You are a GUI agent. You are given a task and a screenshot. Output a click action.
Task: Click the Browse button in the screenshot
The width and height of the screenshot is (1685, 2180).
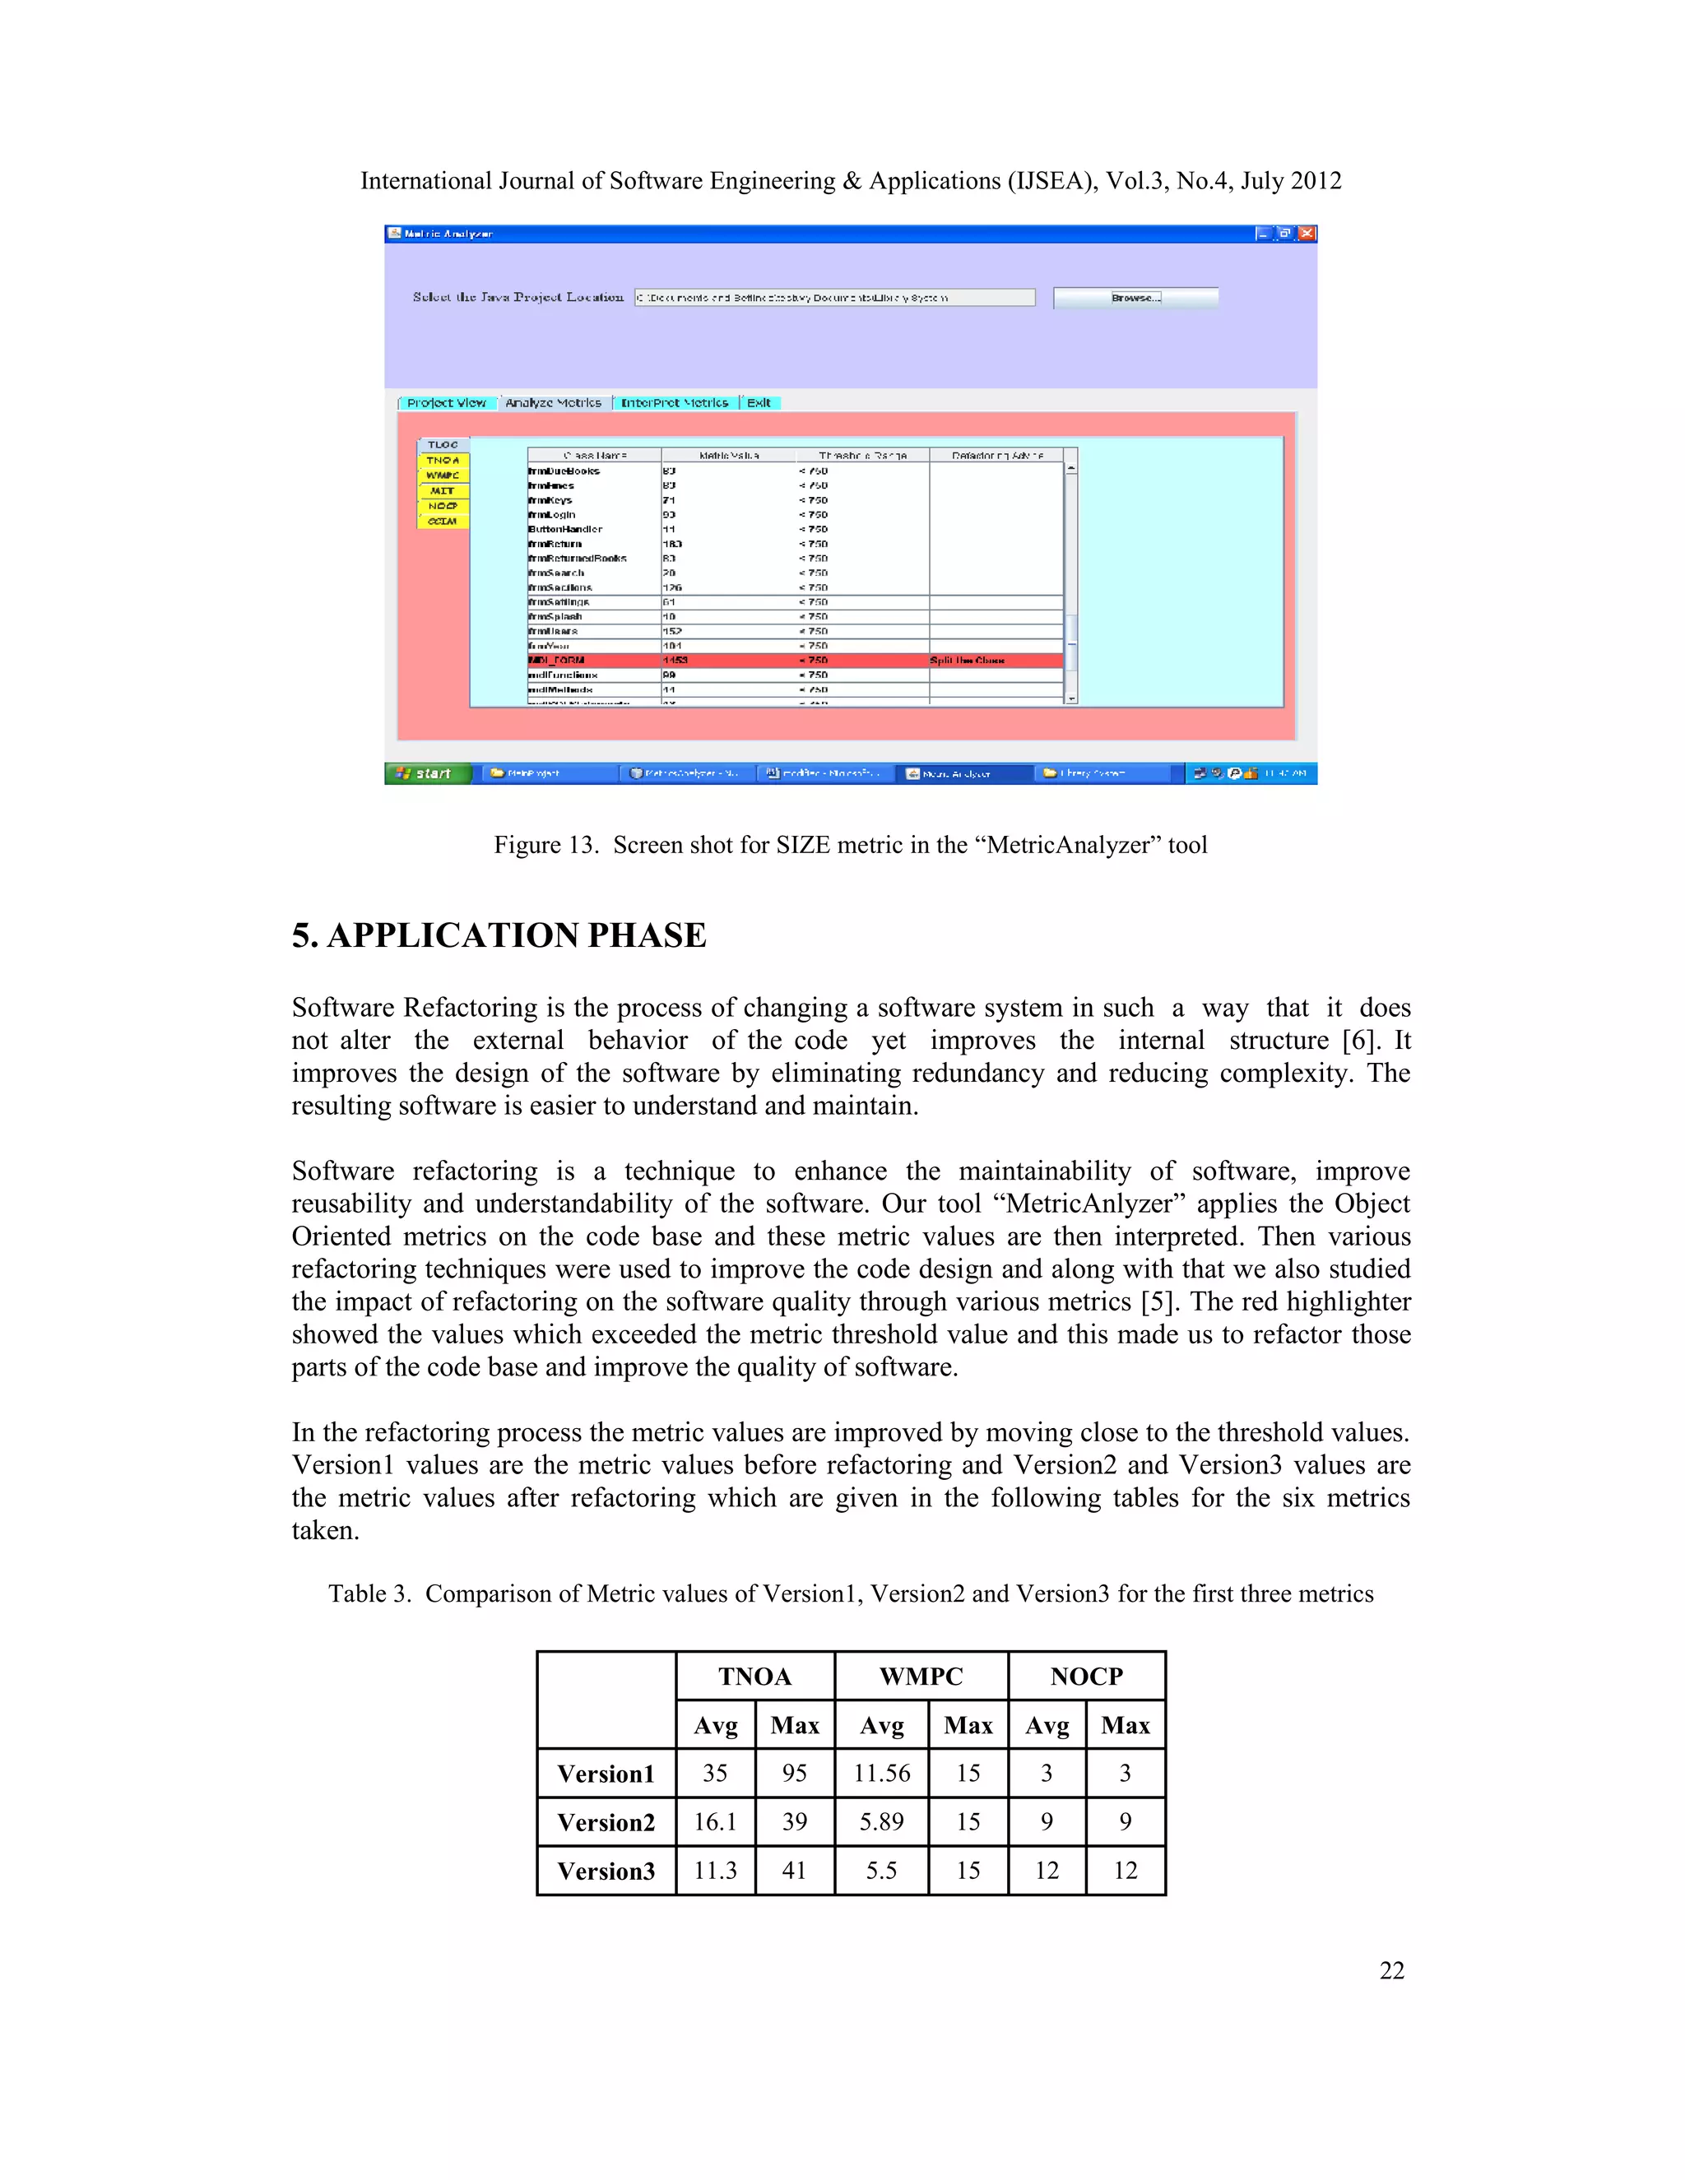[x=1135, y=298]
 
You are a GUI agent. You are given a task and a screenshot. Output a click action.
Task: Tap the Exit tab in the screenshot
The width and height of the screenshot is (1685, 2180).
[x=759, y=402]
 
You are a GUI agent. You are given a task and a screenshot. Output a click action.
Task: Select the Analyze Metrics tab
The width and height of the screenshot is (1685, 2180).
[x=553, y=402]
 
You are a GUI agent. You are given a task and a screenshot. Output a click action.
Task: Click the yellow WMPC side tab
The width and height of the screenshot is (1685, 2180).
[x=442, y=475]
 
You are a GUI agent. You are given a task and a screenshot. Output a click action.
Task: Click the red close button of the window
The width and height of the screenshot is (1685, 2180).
[x=1306, y=234]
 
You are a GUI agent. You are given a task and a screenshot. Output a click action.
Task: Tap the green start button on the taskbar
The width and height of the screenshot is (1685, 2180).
[x=426, y=773]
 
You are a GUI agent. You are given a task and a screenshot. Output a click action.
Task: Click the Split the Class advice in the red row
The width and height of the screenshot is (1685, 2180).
[x=966, y=661]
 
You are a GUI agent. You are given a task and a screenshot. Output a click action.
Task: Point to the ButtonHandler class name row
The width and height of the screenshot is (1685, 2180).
[x=566, y=529]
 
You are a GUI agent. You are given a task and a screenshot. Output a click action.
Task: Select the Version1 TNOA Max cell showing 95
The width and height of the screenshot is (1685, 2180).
[x=795, y=1773]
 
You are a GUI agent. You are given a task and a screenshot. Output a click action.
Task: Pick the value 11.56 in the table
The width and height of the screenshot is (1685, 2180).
[x=881, y=1773]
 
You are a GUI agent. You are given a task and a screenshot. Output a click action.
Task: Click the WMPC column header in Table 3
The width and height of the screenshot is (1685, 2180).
[x=921, y=1676]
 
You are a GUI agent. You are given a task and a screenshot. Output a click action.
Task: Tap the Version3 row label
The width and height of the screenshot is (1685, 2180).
[x=606, y=1871]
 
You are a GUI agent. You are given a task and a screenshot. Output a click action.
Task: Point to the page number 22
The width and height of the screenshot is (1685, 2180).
[x=1391, y=1970]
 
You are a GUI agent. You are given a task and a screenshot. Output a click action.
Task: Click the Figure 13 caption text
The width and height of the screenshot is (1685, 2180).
[x=851, y=845]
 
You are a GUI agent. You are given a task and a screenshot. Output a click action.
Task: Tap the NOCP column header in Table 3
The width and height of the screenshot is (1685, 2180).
[x=1086, y=1676]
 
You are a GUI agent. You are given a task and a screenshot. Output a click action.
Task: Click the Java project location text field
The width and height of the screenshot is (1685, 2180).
[x=834, y=298]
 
